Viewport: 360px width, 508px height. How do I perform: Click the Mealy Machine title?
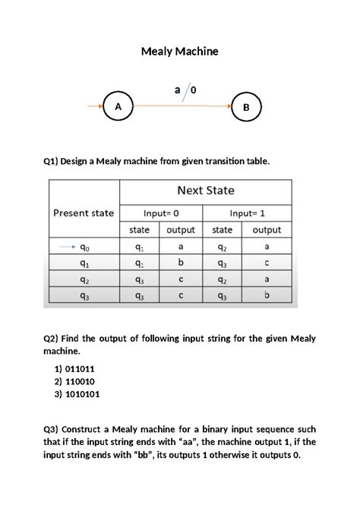tap(180, 52)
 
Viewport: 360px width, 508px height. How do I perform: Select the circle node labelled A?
tap(118, 107)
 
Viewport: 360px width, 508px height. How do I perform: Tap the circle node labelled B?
tap(245, 108)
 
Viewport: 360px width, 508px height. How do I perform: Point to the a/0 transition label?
tap(185, 91)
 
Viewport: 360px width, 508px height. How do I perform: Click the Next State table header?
tap(206, 191)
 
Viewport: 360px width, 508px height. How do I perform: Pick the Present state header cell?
tap(84, 213)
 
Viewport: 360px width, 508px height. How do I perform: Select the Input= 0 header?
tap(161, 213)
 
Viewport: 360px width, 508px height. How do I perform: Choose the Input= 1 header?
tap(248, 213)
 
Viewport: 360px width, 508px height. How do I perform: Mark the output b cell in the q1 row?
tap(181, 263)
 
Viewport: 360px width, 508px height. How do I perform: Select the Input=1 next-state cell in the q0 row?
tap(222, 247)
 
